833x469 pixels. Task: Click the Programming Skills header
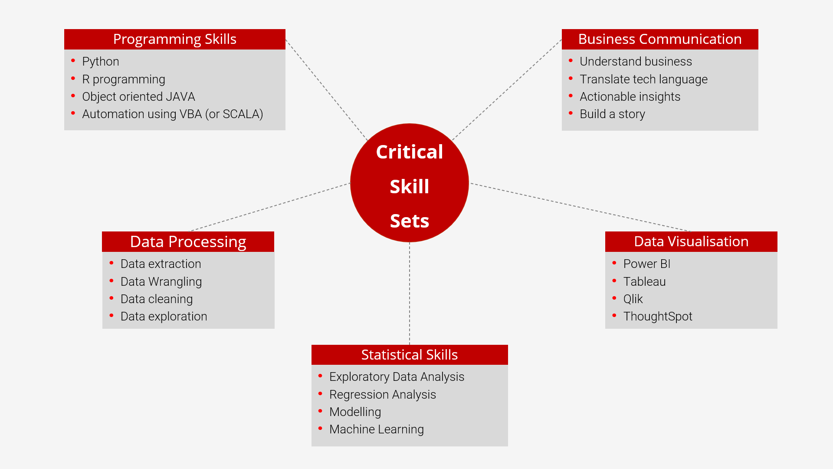(x=174, y=39)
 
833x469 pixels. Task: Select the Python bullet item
(x=100, y=62)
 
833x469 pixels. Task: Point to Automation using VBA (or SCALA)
(x=172, y=114)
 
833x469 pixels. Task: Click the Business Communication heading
(x=659, y=39)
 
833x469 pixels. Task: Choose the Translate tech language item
(x=643, y=79)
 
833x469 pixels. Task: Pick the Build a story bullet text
(x=612, y=114)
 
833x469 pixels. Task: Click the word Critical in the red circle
(x=409, y=152)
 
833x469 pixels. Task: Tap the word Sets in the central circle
(x=409, y=221)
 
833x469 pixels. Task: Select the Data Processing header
(x=188, y=241)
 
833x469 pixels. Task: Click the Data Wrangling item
(x=161, y=282)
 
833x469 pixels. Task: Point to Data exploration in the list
(x=164, y=317)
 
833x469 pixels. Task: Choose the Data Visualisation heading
(x=691, y=241)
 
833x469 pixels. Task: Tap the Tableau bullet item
(x=644, y=282)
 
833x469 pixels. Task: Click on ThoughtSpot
(x=657, y=317)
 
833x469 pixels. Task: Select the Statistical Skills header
(x=409, y=355)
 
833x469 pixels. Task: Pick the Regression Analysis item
(x=382, y=395)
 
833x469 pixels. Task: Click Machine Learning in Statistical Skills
(x=376, y=429)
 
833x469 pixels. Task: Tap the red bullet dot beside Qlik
(x=614, y=298)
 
